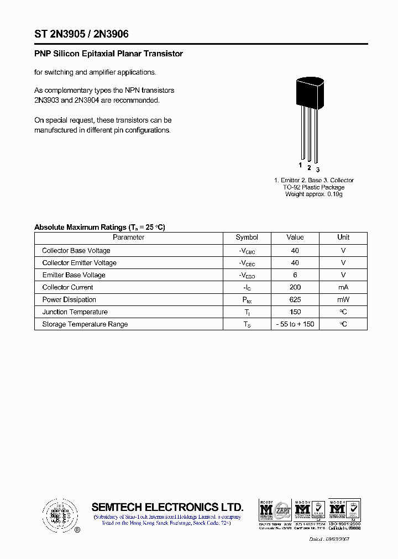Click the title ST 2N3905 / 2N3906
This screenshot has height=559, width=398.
[81, 34]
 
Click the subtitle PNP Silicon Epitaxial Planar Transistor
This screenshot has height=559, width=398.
[108, 54]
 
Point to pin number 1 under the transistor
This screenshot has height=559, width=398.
[300, 165]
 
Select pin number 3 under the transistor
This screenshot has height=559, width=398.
[318, 170]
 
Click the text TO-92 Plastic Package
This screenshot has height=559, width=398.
[313, 187]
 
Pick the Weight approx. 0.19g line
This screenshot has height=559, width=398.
[313, 194]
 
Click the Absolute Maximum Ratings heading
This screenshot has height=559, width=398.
[99, 227]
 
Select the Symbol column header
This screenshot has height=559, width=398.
[247, 238]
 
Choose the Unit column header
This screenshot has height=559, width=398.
[343, 238]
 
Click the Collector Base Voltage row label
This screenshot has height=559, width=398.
[76, 251]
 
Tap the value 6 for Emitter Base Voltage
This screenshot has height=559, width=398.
[295, 275]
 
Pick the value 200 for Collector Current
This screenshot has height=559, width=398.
[295, 287]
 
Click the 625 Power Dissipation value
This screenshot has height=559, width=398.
[295, 299]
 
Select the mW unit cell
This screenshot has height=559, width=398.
[343, 299]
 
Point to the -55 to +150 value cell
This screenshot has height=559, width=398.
[295, 324]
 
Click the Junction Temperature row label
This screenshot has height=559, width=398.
[75, 312]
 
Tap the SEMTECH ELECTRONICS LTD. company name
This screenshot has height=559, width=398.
[167, 507]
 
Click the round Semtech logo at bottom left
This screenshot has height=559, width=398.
[60, 515]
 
